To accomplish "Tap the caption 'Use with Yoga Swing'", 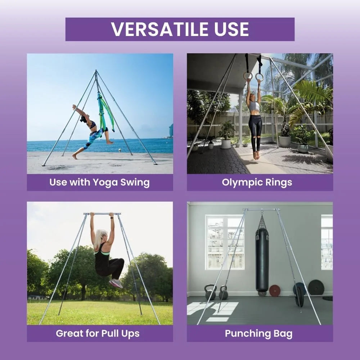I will click(x=99, y=182).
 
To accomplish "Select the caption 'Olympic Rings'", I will click(x=257, y=182).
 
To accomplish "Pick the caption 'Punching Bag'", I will click(x=258, y=333).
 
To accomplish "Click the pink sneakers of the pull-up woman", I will click(x=116, y=283).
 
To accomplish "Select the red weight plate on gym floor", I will click(x=275, y=291).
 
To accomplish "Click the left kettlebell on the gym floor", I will click(x=211, y=292).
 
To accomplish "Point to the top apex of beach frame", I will click(x=96, y=71).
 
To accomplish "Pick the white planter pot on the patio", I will click(x=226, y=144).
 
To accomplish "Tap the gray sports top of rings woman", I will click(x=255, y=106).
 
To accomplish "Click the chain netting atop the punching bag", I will click(x=262, y=224).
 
